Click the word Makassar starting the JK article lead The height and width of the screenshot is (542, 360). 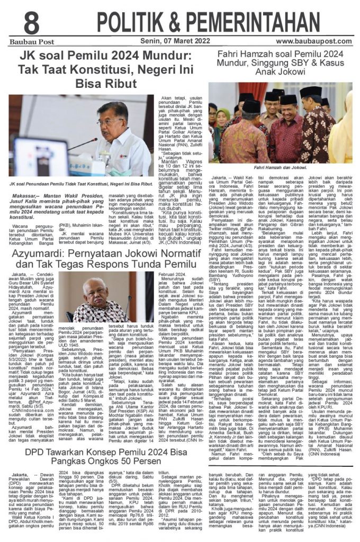pyautogui.click(x=23, y=195)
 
